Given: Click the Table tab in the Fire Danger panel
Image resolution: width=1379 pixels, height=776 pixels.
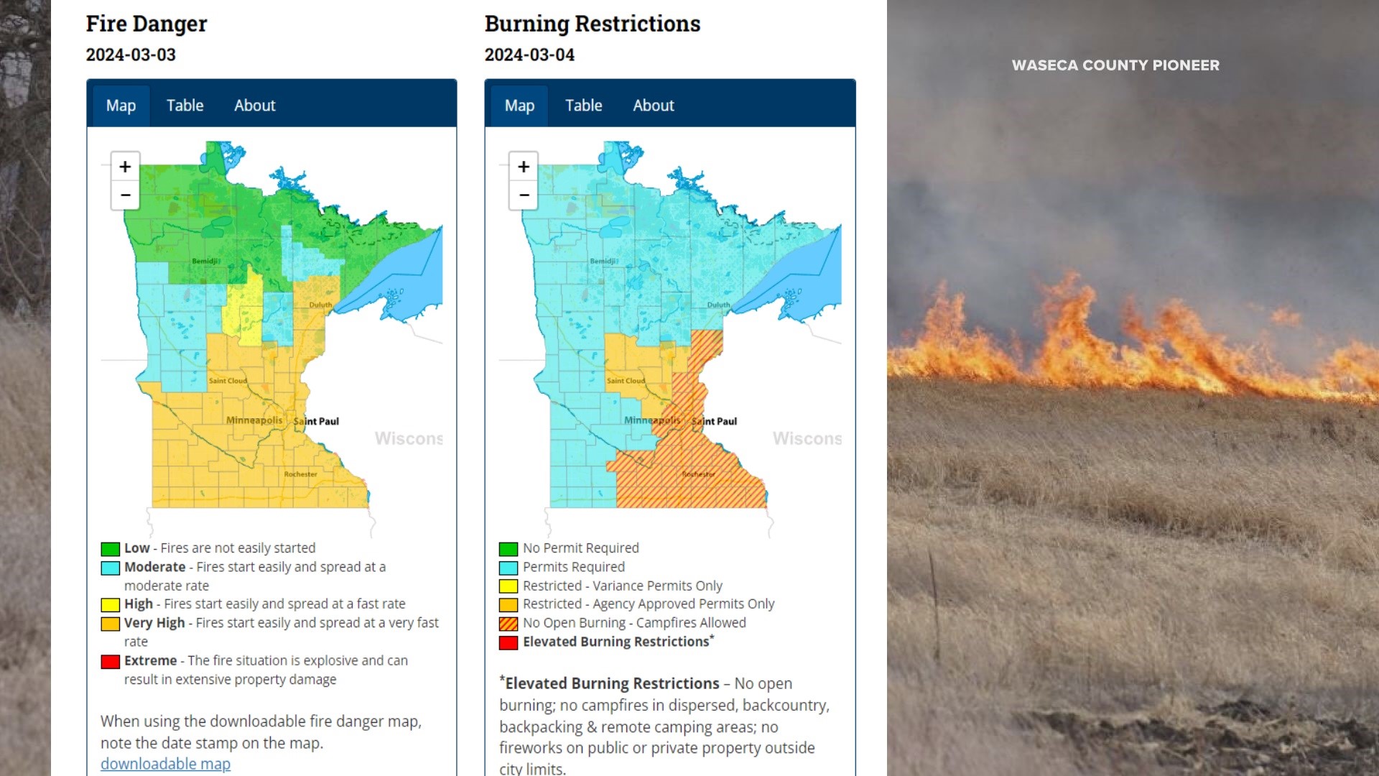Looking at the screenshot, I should coord(185,106).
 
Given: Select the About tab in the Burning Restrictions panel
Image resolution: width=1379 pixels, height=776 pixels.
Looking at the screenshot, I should coord(653,106).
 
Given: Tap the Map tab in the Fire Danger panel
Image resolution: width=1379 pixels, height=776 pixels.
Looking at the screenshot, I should coord(121,106).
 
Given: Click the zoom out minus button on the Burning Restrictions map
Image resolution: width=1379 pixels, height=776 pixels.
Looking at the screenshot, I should coord(524,195).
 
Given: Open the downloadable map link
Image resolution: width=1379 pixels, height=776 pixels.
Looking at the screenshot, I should coord(165,764).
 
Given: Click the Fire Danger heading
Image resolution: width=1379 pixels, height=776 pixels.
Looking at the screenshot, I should coord(147,24).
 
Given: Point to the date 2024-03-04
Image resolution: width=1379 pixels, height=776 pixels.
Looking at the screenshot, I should coord(529,55).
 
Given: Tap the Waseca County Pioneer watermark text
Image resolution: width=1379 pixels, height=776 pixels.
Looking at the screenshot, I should coord(1115,65).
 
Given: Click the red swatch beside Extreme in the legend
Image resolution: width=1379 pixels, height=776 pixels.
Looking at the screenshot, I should coord(111,661).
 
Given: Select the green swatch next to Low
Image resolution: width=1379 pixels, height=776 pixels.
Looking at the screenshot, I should coord(111,549).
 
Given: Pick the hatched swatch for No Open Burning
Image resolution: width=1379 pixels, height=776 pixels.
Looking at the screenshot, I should coord(509,624).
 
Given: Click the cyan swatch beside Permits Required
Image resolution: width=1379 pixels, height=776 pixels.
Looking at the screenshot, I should coord(509,568).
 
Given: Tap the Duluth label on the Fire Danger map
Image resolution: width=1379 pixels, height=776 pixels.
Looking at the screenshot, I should coord(320,305).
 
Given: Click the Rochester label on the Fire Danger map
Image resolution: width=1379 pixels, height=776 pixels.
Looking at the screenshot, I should coord(300,474).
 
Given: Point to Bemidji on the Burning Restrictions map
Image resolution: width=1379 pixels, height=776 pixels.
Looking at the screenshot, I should coord(604,261).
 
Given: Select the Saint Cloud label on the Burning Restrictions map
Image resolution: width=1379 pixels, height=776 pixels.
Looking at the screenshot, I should coord(626,381).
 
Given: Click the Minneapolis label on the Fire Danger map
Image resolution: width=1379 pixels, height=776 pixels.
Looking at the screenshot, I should coord(254,420).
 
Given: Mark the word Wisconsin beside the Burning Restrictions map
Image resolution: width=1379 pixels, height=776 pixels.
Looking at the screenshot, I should coord(807,438).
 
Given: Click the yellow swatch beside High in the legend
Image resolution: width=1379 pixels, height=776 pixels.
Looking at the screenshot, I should coord(111,605).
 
